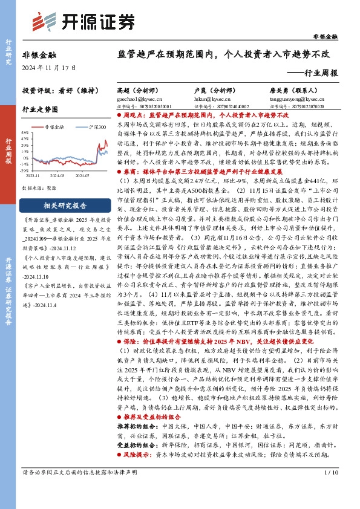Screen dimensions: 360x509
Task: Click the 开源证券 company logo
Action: click(x=83, y=22)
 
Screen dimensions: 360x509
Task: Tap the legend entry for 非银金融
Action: click(x=55, y=128)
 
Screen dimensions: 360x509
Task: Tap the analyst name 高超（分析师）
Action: click(x=134, y=89)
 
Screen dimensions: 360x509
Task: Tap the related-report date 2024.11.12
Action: click(x=57, y=247)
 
